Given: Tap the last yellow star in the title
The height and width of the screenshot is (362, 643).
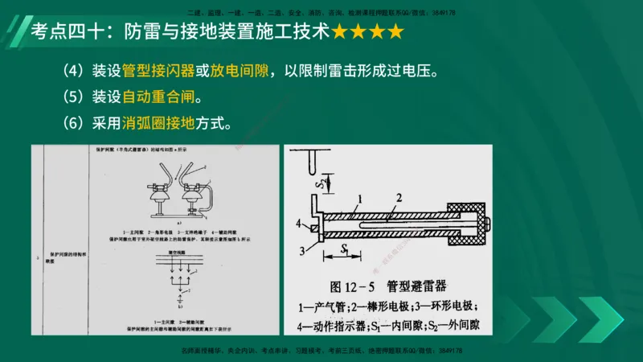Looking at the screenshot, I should pos(395,33).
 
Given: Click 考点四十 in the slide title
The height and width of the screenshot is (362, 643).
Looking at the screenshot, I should pos(62,33).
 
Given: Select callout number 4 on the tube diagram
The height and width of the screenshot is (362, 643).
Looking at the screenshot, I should pos(298,223).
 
